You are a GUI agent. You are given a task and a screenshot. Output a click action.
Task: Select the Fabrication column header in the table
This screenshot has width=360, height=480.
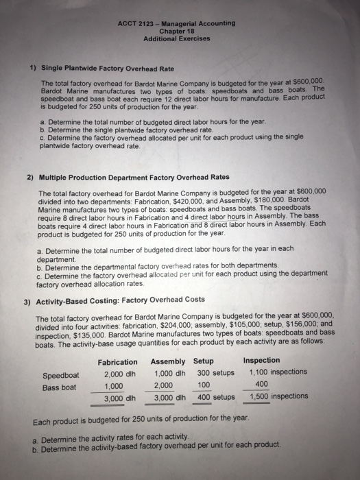click(x=117, y=361)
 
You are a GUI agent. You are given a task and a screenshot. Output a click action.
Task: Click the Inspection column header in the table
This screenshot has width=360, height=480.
click(x=261, y=361)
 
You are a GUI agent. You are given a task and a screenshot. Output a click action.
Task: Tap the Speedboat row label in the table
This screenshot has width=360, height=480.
click(x=61, y=375)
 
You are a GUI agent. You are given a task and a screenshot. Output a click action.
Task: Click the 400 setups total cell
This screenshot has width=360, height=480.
click(x=213, y=397)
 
